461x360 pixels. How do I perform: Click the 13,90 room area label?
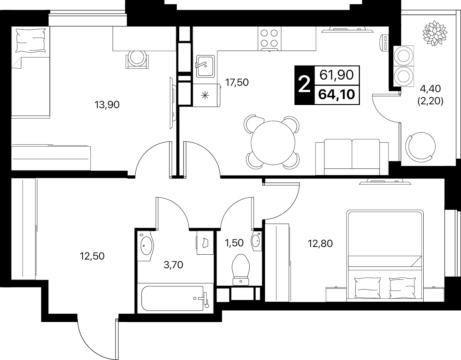107,105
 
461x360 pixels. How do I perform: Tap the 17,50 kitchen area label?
237,82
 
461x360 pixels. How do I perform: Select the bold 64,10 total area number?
337,95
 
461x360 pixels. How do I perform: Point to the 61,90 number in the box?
337,75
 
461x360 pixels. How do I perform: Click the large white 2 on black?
304,85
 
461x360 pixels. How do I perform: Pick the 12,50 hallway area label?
92,256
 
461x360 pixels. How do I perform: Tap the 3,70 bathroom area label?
173,265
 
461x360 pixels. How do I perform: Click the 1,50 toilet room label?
234,243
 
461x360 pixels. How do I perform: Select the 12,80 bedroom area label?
320,243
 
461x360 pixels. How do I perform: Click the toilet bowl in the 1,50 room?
241,270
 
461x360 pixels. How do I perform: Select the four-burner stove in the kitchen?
270,38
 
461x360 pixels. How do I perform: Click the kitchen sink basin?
205,66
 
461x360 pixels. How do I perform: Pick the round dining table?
273,143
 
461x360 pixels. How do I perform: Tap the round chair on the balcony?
420,147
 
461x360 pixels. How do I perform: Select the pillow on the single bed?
31,40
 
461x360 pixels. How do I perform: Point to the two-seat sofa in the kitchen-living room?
352,157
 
